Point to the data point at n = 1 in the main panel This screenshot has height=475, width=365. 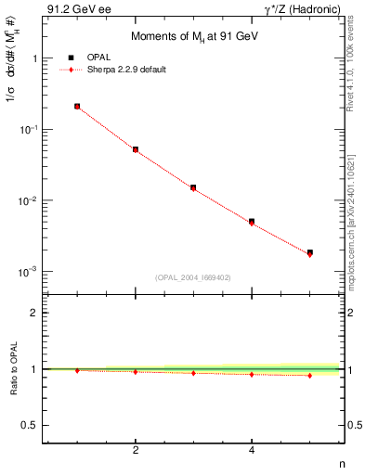(x=77, y=107)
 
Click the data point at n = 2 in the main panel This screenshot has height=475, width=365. (x=136, y=149)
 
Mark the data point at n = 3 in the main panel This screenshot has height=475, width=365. (x=193, y=187)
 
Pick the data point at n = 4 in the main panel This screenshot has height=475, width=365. (x=252, y=222)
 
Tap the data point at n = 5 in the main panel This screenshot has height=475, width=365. (x=310, y=252)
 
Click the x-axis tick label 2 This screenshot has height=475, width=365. (x=136, y=450)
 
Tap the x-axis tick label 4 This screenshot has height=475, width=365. (x=252, y=450)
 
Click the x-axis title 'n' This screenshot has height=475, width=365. (x=341, y=465)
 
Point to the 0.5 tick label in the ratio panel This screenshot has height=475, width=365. (x=31, y=425)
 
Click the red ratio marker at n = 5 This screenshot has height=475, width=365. (x=310, y=376)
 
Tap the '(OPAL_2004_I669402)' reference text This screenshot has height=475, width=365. (x=192, y=276)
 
